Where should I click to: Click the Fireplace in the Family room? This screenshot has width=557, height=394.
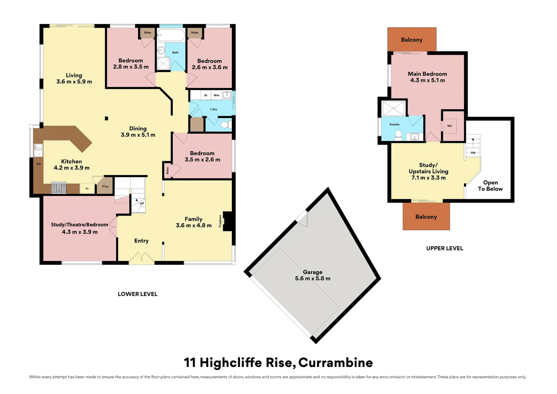227,221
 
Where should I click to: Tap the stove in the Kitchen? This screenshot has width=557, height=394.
59,188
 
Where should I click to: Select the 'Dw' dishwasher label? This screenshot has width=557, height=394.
39,164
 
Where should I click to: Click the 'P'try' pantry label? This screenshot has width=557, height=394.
105,187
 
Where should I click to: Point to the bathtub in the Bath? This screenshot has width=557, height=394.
171,36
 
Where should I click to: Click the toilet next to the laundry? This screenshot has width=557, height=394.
226,125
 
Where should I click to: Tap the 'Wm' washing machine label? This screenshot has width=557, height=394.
217,95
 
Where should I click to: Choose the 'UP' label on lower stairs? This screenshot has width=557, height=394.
142,204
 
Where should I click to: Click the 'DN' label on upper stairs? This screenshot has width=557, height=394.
473,153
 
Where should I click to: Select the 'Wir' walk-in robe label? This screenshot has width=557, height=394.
449,126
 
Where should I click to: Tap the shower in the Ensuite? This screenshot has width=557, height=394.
393,108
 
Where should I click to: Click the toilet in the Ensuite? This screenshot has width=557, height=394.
398,135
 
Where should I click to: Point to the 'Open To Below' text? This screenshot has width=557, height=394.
490,186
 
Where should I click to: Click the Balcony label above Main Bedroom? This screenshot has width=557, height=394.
412,40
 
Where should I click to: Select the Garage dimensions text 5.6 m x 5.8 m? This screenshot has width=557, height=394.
313,278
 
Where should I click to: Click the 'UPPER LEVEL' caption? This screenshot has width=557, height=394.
445,248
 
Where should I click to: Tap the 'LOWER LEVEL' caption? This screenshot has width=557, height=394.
137,294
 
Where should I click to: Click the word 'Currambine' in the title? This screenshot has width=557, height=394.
335,363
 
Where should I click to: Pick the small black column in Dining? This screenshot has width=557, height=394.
106,118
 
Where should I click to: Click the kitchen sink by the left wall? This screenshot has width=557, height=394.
38,151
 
